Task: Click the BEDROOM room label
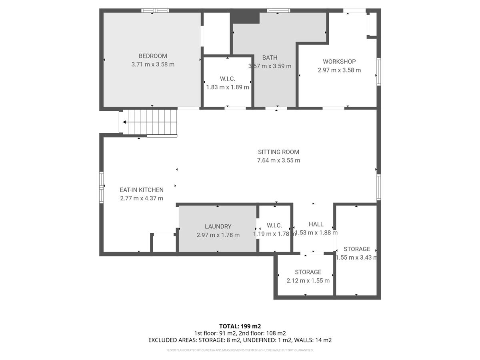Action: pyautogui.click(x=153, y=56)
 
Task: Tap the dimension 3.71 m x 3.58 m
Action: pyautogui.click(x=153, y=64)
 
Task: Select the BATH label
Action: pyautogui.click(x=270, y=58)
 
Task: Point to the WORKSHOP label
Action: pyautogui.click(x=339, y=62)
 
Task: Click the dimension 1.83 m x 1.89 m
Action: pyautogui.click(x=227, y=87)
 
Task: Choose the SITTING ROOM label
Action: pyautogui.click(x=278, y=152)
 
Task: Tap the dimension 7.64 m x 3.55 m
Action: pyautogui.click(x=278, y=160)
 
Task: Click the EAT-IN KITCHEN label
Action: pyautogui.click(x=142, y=190)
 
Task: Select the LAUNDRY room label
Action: pyautogui.click(x=218, y=226)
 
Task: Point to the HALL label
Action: pyautogui.click(x=316, y=224)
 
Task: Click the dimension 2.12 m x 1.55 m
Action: pyautogui.click(x=308, y=280)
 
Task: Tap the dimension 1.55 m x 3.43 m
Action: pyautogui.click(x=356, y=258)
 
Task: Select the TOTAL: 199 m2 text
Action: pyautogui.click(x=240, y=326)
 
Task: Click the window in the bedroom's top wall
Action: pyautogui.click(x=155, y=10)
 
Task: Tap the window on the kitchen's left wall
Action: pyautogui.click(x=101, y=187)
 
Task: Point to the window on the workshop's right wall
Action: pyautogui.click(x=378, y=72)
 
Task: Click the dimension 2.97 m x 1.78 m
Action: pyautogui.click(x=218, y=235)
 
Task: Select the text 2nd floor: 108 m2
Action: pyautogui.click(x=263, y=333)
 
